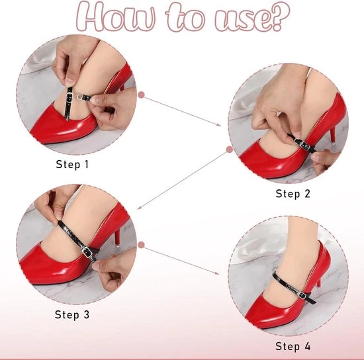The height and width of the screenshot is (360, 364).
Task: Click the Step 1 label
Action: pyautogui.click(x=72, y=164)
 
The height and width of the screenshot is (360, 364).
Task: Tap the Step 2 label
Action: pyautogui.click(x=293, y=194)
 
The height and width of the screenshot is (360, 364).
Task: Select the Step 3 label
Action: pyautogui.click(x=72, y=314)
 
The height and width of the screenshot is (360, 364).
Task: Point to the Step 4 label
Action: pyautogui.click(x=293, y=346)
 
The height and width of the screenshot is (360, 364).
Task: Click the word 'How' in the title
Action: pyautogui.click(x=116, y=17)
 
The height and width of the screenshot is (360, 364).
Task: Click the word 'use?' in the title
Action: pyautogui.click(x=252, y=17)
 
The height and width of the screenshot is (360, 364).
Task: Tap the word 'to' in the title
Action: pyautogui.click(x=185, y=17)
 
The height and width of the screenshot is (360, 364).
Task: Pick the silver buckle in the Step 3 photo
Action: pyautogui.click(x=87, y=252)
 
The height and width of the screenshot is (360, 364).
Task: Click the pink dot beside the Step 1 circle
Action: pyautogui.click(x=141, y=95)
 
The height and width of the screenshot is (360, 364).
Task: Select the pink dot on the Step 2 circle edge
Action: pyautogui.click(x=230, y=150)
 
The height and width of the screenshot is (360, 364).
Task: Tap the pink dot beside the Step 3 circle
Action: pyautogui.click(x=141, y=245)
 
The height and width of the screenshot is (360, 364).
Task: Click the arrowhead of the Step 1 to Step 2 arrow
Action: pyautogui.click(x=218, y=124)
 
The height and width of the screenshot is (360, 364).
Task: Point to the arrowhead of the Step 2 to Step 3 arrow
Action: pyautogui.click(x=139, y=208)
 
